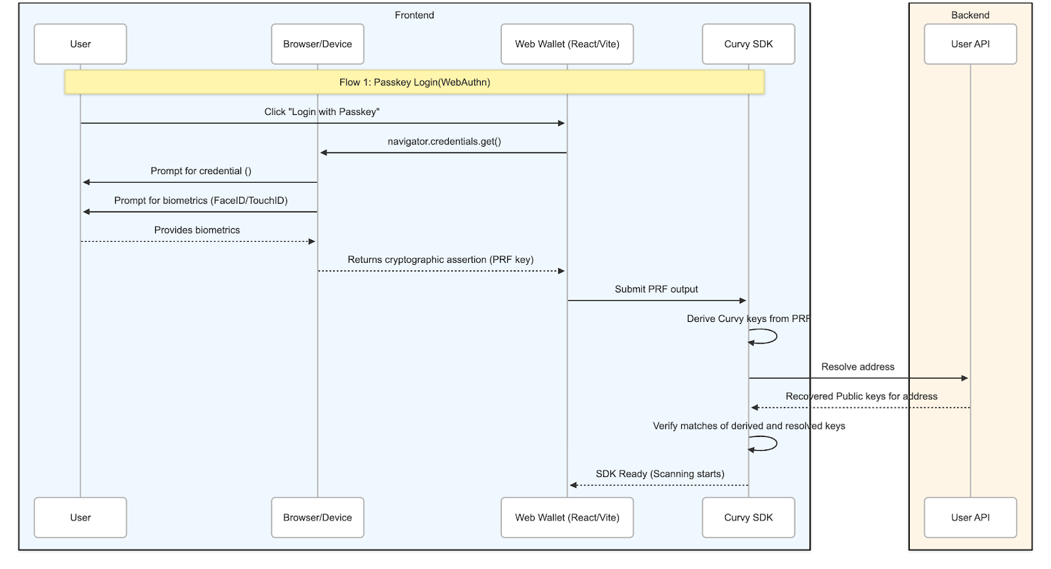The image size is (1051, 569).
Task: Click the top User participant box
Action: [80, 44]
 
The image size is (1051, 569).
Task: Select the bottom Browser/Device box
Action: [317, 517]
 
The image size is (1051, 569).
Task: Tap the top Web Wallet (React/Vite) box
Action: [567, 44]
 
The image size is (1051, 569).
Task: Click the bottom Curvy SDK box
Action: [748, 517]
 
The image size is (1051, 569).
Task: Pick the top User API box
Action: [970, 44]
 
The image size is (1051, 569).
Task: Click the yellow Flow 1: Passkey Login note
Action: [414, 82]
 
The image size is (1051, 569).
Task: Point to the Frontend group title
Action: [414, 15]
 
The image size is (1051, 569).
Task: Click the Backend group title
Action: [970, 15]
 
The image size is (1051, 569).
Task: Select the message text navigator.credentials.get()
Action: [444, 141]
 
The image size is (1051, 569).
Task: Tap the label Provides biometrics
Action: [197, 230]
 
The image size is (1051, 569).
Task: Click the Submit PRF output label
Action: [656, 289]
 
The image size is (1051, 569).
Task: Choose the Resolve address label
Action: [857, 367]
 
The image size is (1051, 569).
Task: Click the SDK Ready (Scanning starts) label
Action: [660, 474]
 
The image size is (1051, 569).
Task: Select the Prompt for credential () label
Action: [201, 171]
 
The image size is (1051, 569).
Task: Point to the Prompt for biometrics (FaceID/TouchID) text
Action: [201, 200]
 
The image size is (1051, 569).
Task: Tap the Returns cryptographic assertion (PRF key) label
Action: [441, 260]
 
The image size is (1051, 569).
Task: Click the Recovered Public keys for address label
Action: [861, 396]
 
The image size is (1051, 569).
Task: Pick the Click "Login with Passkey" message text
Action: [322, 112]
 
